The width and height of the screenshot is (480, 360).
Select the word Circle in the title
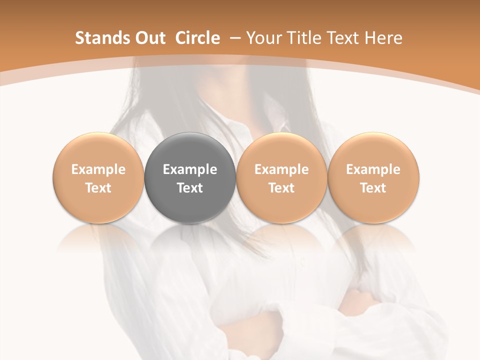click(197, 38)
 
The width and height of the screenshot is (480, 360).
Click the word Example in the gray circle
click(190, 169)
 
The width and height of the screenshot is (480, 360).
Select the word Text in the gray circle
click(190, 188)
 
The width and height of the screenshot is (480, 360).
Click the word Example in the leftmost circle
click(98, 169)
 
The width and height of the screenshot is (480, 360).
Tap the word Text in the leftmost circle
click(98, 188)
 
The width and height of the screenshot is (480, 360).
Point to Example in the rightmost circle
click(373, 169)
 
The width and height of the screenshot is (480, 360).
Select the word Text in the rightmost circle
click(373, 188)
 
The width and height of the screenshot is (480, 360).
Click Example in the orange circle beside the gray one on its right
click(281, 169)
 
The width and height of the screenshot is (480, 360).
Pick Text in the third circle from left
click(281, 188)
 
